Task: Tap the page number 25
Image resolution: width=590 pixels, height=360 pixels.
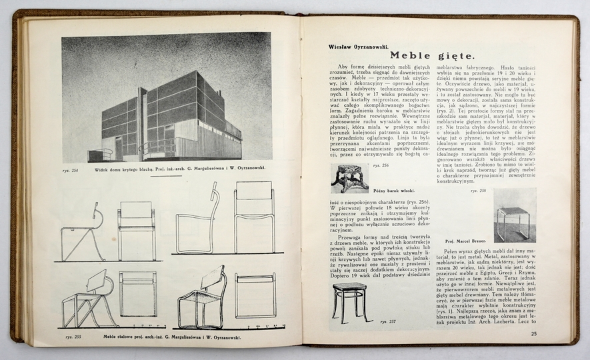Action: tap(534, 334)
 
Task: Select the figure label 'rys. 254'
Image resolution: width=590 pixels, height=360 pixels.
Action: tap(70, 171)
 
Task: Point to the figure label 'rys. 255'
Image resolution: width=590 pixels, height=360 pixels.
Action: tap(73, 337)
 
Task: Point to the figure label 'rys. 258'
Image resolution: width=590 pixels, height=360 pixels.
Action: tap(478, 191)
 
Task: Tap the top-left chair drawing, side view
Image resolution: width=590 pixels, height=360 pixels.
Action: tap(83, 231)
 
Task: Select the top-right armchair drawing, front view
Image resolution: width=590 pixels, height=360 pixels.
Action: tap(255, 218)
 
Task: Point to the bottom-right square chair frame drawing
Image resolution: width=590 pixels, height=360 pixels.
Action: tap(255, 295)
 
